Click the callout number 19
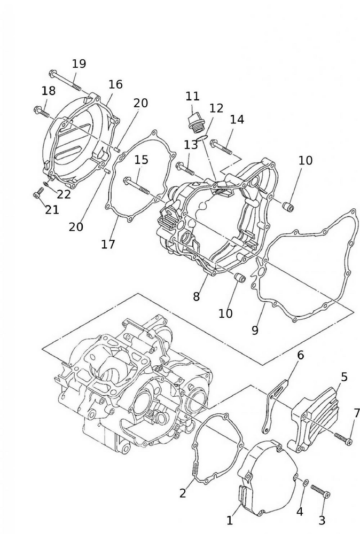tap(79, 64)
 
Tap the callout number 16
tap(115, 84)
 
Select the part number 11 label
tap(192, 97)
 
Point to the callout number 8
tap(197, 297)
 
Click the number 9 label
tap(255, 331)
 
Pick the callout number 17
tap(108, 244)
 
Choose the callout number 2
tap(183, 493)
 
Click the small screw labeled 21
tap(38, 192)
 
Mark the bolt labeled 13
tap(186, 168)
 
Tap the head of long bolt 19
tap(52, 73)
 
